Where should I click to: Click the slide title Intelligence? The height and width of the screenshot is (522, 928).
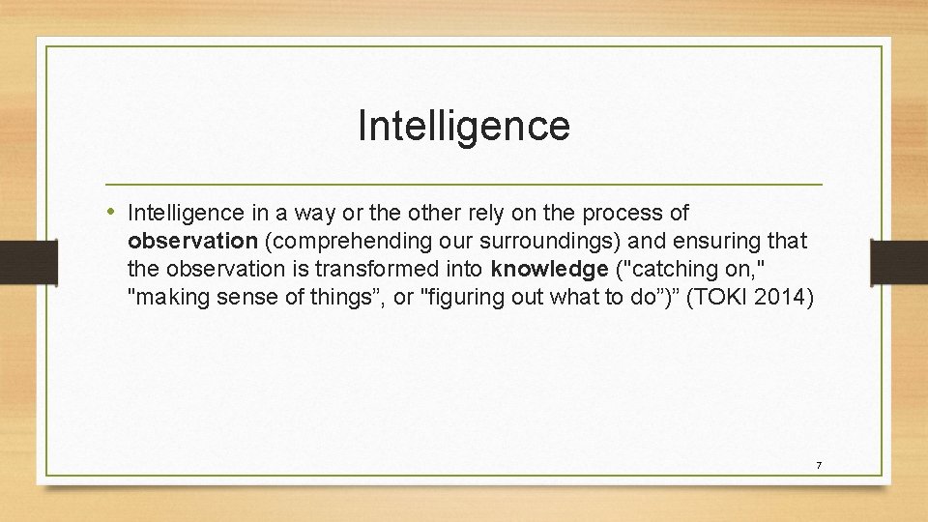pos(463,126)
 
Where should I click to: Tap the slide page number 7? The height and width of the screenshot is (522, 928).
pos(818,466)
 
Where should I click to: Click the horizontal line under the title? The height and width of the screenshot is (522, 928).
pos(463,184)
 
